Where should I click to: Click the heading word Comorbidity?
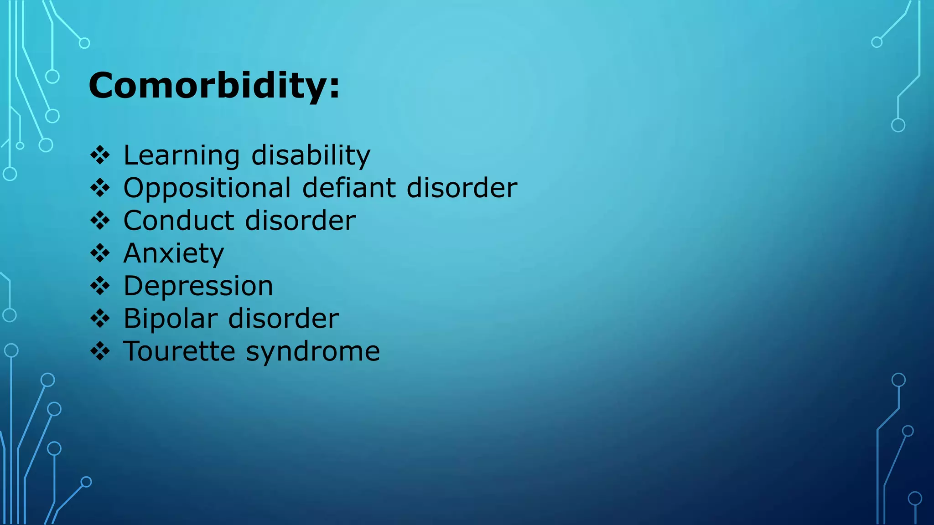(x=208, y=86)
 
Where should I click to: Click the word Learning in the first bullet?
(x=182, y=156)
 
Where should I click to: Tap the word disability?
(x=311, y=156)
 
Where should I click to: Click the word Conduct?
(x=179, y=221)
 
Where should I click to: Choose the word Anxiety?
(x=174, y=254)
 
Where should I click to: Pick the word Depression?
(x=198, y=287)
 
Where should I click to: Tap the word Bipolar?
(x=170, y=319)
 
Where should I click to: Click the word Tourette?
(x=179, y=351)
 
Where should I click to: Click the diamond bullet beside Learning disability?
(x=100, y=156)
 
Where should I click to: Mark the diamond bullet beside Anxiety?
(x=100, y=253)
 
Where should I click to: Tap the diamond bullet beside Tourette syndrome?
(x=100, y=351)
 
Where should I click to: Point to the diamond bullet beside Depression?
(x=100, y=286)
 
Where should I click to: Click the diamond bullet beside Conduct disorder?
(x=100, y=221)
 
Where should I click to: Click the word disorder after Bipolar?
(x=283, y=319)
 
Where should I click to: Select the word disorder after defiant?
(x=462, y=187)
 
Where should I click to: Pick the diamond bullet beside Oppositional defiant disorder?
(x=100, y=188)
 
